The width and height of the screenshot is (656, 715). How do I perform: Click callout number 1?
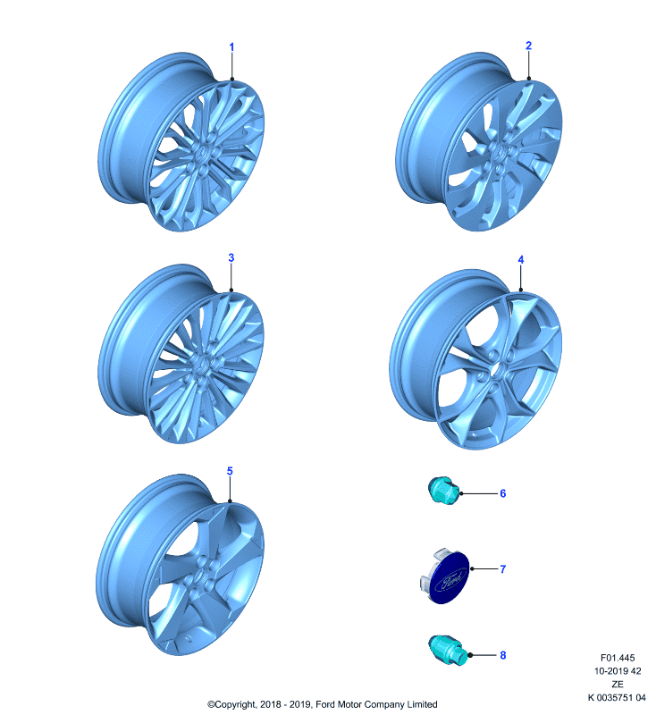coord(231,47)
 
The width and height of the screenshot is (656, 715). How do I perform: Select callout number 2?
coord(528,46)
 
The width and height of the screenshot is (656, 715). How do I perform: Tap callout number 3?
coord(231,257)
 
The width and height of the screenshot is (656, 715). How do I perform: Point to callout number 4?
coord(521,259)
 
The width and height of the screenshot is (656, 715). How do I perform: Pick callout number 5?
coord(230,471)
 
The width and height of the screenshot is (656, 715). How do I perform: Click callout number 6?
coord(503,493)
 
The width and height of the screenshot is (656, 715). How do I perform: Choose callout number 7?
coord(503,569)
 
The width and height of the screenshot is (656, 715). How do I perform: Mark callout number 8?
coord(503,655)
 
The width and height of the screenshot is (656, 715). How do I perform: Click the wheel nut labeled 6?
coord(443,491)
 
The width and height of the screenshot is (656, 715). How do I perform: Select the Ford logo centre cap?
coord(445,576)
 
